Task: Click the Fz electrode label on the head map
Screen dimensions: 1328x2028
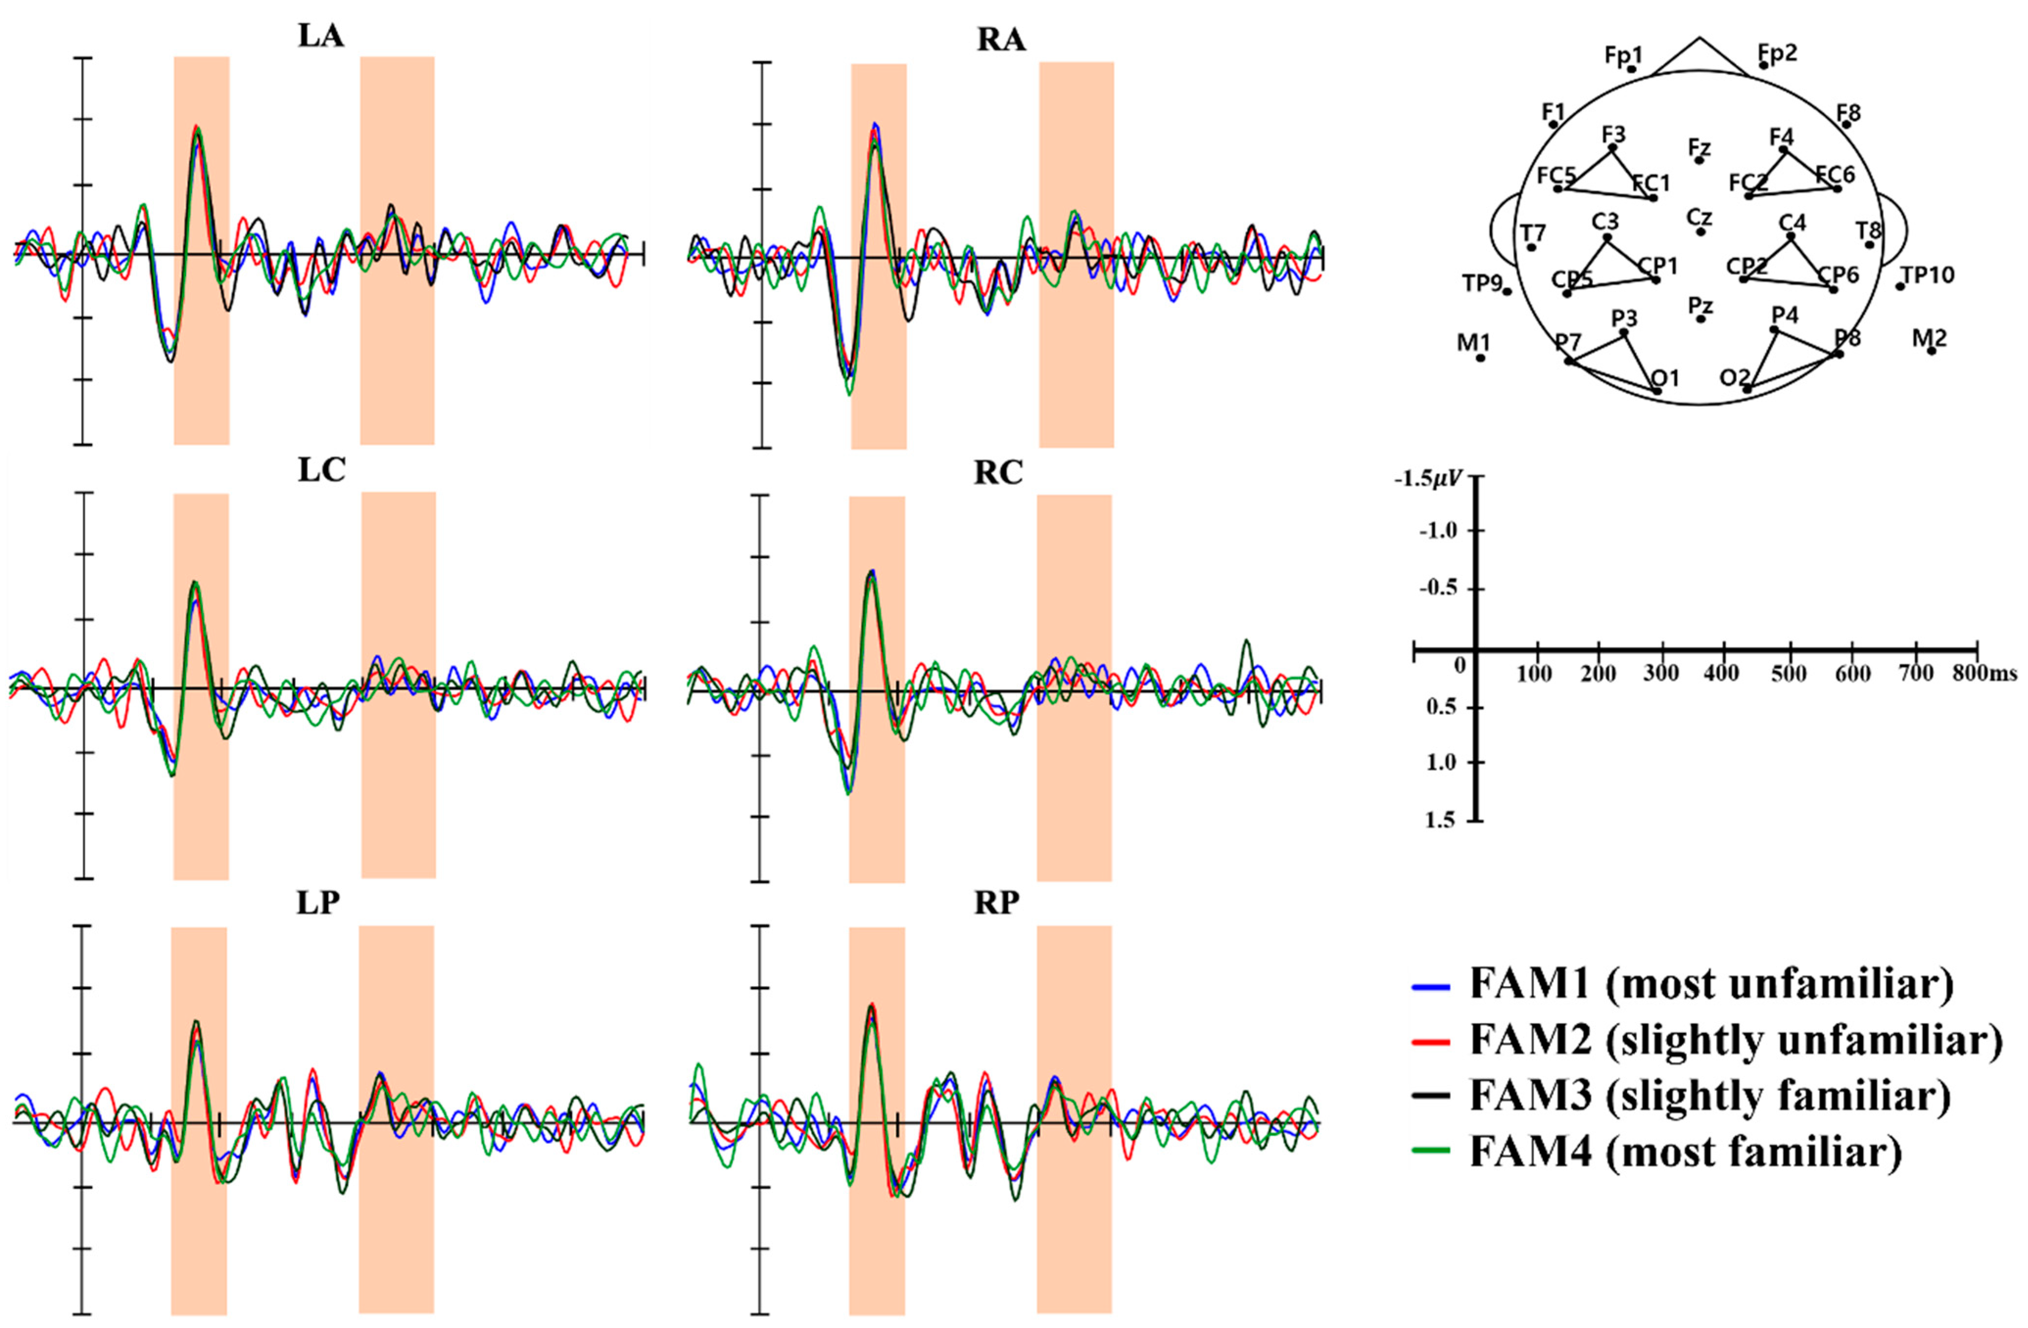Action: (1699, 147)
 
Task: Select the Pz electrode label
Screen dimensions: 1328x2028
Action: (1699, 305)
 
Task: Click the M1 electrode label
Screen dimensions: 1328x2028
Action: (1474, 342)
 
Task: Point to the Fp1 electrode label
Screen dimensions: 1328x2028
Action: (1623, 55)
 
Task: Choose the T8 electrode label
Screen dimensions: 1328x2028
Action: (1869, 230)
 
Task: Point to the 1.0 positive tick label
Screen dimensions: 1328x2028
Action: (1440, 762)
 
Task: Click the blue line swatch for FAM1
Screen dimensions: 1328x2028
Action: (1431, 986)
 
